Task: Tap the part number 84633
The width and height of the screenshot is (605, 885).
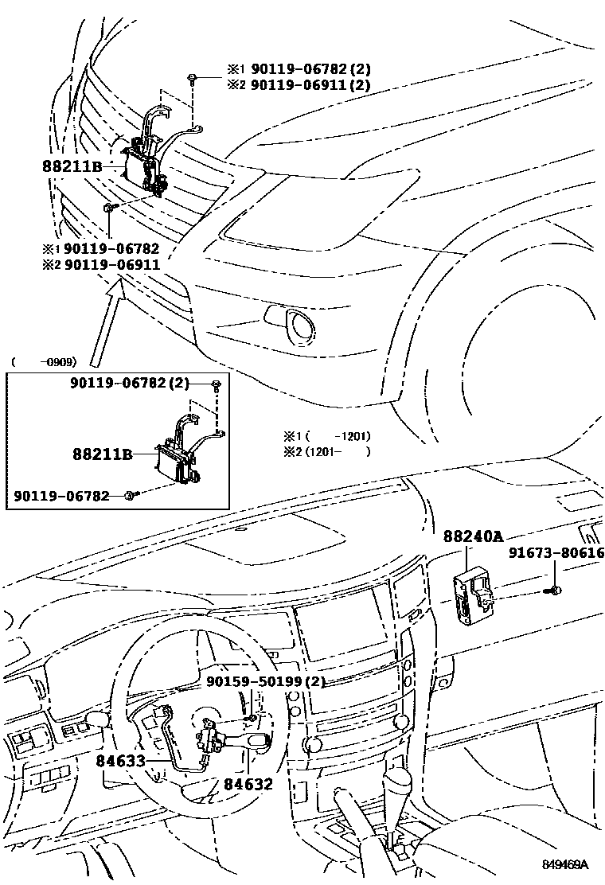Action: point(121,760)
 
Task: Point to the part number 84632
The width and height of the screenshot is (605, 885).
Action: point(248,784)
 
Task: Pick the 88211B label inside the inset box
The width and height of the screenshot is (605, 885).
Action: point(102,454)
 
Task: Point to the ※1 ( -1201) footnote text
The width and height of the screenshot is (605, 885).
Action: point(327,436)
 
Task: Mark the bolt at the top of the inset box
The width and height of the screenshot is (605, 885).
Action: point(217,385)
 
